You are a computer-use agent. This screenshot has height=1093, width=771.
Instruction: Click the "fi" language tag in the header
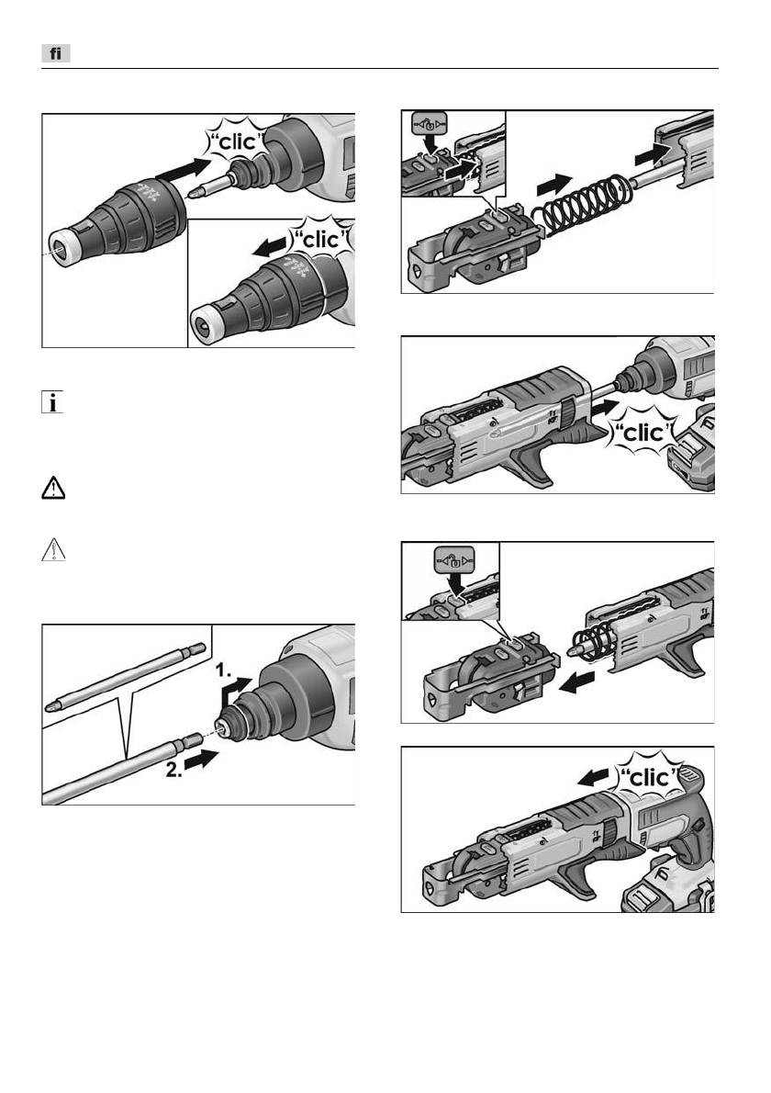point(56,53)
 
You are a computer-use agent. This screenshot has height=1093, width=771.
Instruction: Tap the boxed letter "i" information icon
point(52,402)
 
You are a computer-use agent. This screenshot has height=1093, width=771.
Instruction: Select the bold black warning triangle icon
point(53,488)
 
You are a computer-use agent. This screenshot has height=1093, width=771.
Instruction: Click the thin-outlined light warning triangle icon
point(53,549)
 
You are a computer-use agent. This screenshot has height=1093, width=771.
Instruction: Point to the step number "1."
point(224,670)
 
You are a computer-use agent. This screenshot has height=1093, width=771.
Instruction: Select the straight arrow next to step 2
point(202,759)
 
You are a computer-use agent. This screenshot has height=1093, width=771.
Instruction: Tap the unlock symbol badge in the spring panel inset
point(429,125)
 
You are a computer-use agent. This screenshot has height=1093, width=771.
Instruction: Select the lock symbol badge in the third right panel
point(453,559)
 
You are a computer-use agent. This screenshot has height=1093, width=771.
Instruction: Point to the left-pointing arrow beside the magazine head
point(576,682)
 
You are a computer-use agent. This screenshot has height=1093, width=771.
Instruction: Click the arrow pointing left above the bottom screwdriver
point(597,775)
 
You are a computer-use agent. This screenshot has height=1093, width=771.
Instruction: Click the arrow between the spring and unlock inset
point(554,186)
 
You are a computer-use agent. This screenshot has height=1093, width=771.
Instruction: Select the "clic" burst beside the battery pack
point(643,433)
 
